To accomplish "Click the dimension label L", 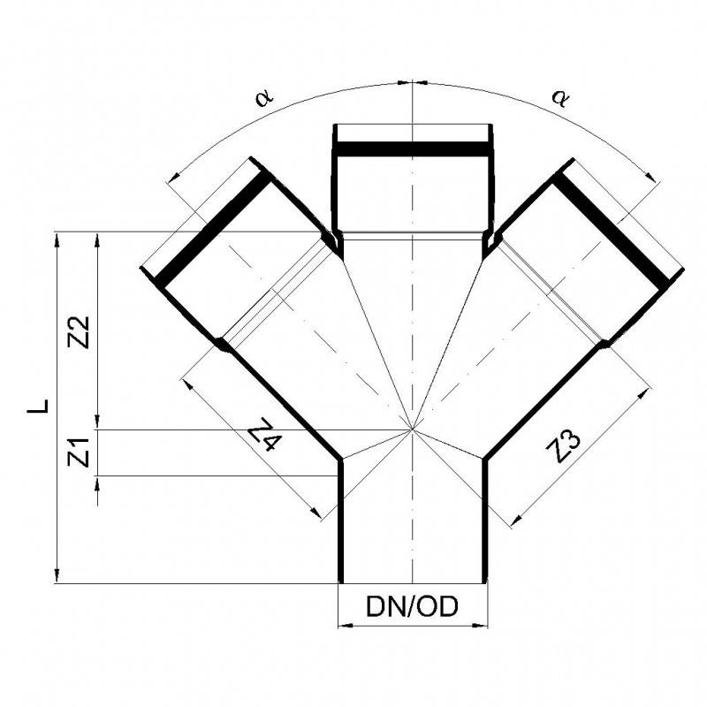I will coord(36,406).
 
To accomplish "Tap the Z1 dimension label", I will coord(79,453).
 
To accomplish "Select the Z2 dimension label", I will coord(79,331).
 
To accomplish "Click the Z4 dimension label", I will coord(263,434).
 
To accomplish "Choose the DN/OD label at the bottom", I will coord(412,608).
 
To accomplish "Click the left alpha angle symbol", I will coord(263,97).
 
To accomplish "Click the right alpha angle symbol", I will coord(559,96).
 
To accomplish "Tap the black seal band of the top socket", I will coord(413,149).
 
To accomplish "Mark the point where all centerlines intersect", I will coord(413,430).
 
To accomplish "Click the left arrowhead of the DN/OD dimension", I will coord(345,627).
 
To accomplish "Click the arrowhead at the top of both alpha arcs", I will coord(413,83).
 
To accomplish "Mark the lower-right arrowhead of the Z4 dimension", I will coord(321,513).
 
